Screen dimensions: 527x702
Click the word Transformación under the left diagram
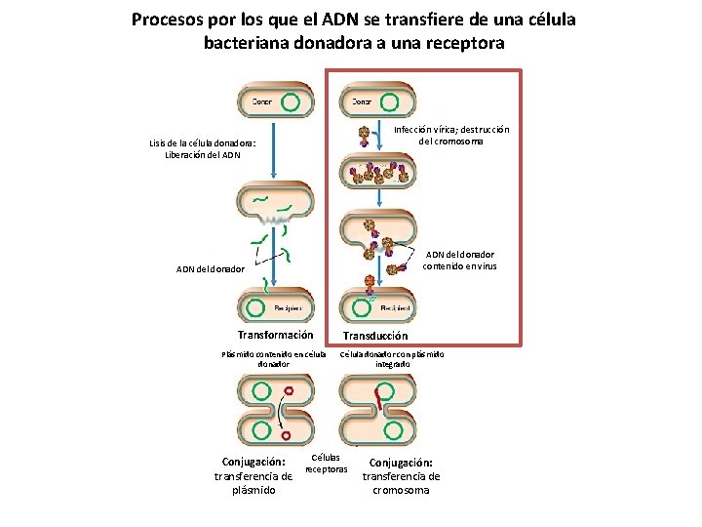pos(276,335)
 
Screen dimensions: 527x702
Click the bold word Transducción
pos(374,335)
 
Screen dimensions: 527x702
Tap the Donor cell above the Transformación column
pos(276,101)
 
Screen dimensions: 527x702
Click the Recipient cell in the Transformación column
pos(276,307)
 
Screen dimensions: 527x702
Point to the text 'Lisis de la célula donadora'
pos(203,143)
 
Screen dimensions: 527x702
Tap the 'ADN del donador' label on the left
pos(210,269)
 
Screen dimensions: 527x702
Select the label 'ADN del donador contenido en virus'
pos(459,260)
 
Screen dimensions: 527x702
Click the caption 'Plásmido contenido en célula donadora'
pos(273,358)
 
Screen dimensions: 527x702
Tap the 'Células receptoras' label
pos(326,463)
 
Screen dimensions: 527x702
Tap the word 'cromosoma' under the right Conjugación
pos(401,490)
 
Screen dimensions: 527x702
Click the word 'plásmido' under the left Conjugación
pos(253,490)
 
